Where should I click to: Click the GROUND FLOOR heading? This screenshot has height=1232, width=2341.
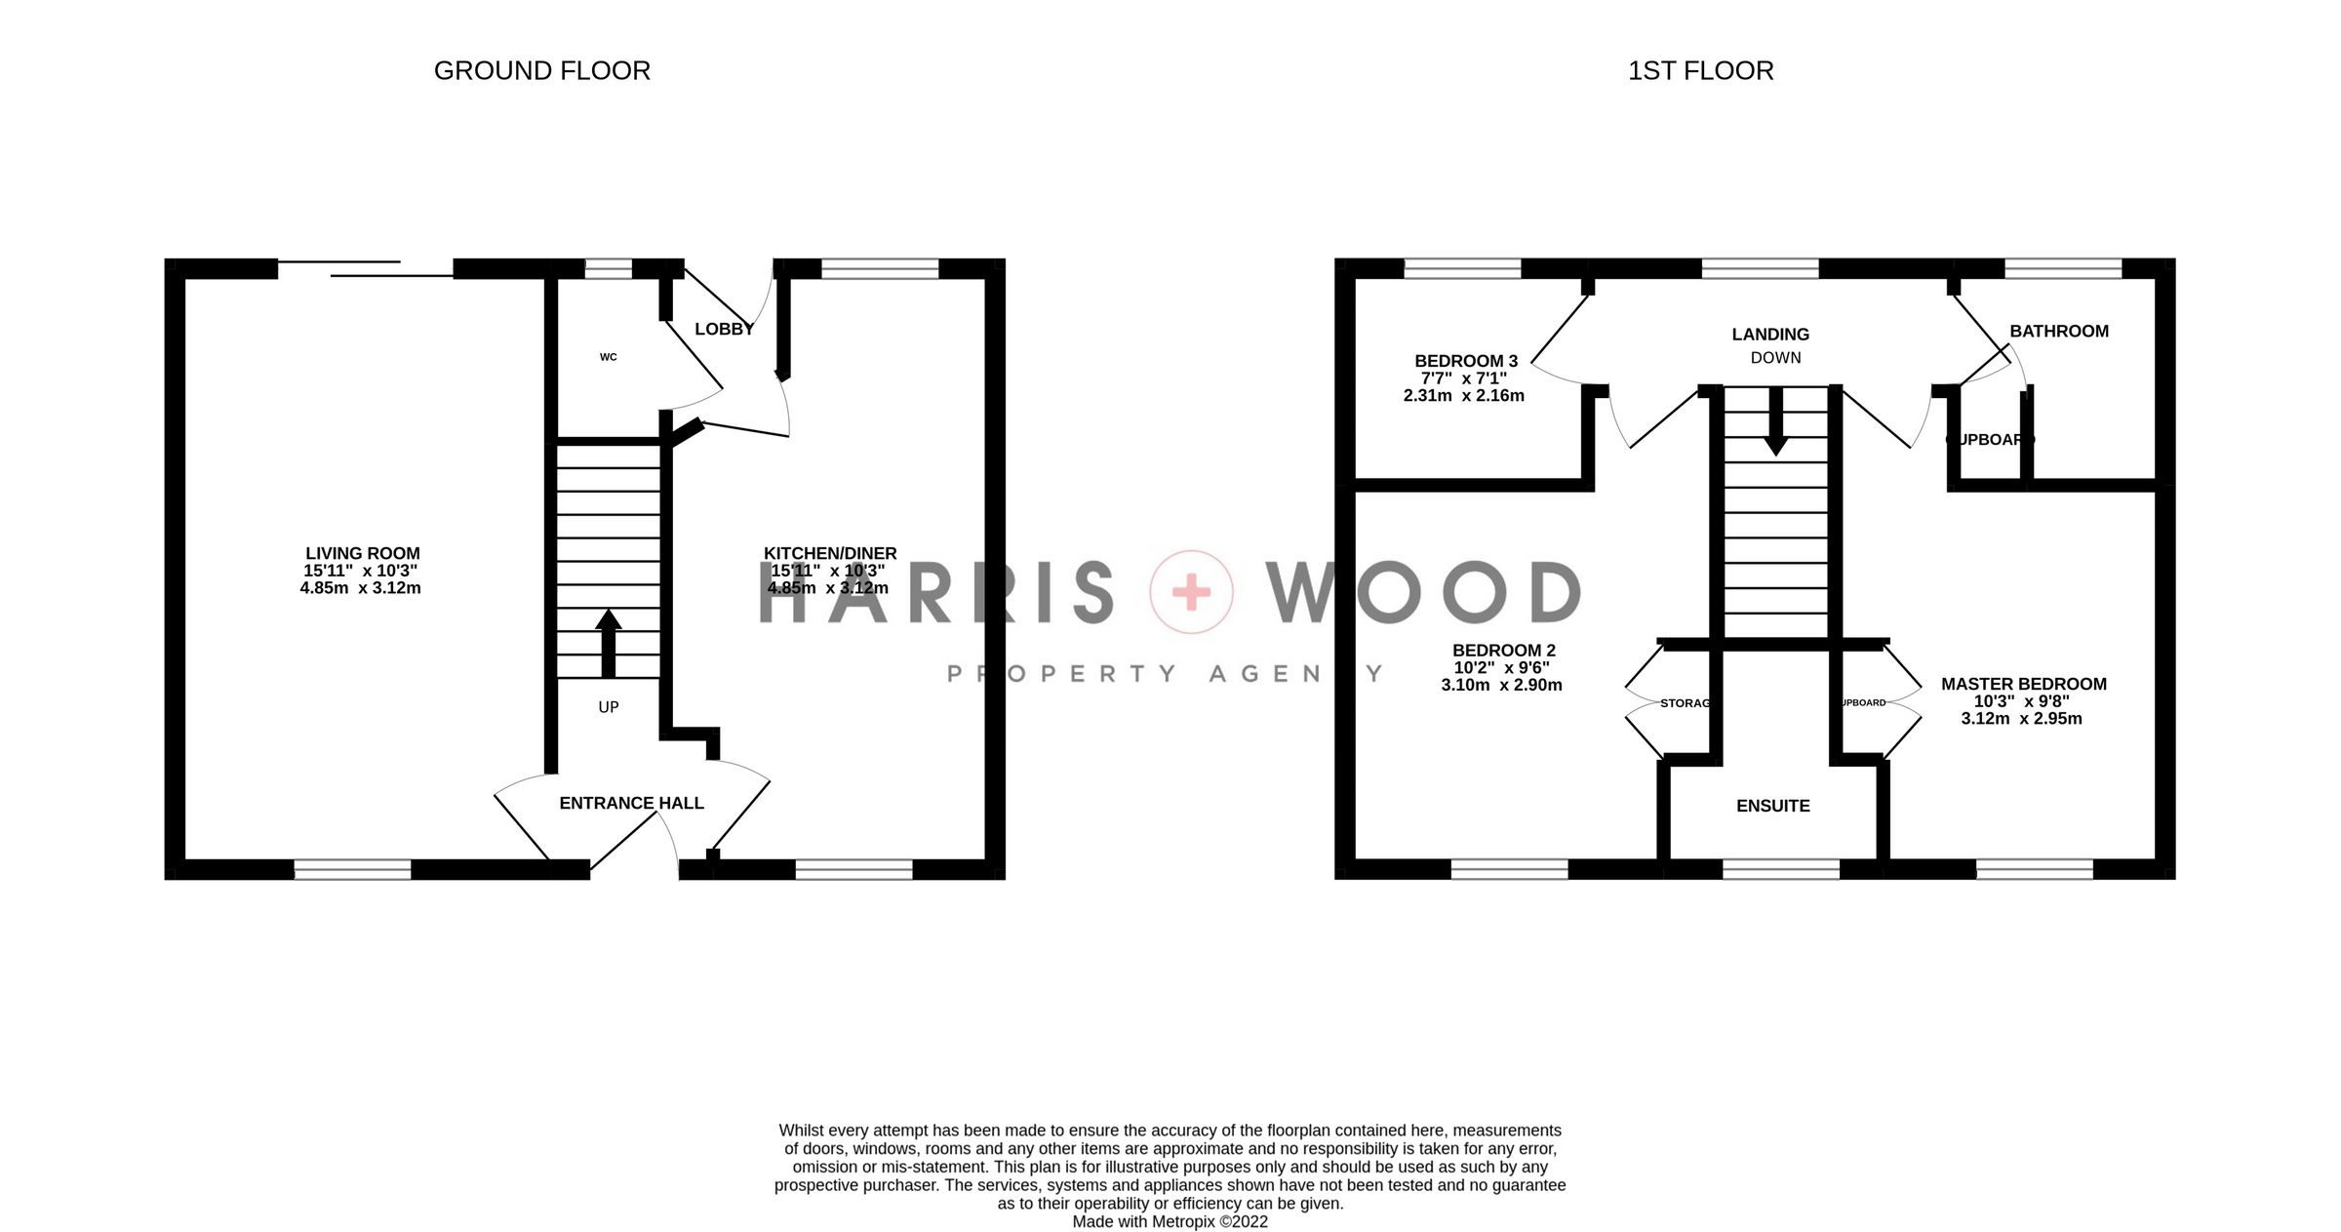pyautogui.click(x=541, y=71)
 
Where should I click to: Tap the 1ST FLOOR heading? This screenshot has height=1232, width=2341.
pyautogui.click(x=1700, y=71)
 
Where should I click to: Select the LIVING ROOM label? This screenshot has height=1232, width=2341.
pyautogui.click(x=362, y=553)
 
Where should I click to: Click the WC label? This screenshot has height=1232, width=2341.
pyautogui.click(x=608, y=357)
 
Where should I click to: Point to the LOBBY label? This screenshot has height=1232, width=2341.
pyautogui.click(x=724, y=330)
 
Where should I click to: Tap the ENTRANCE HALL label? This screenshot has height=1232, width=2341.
pyautogui.click(x=631, y=803)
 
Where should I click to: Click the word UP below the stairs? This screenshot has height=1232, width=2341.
pyautogui.click(x=608, y=707)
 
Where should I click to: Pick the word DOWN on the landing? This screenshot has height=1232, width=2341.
pyautogui.click(x=1775, y=358)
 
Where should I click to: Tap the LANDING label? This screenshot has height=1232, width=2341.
pyautogui.click(x=1770, y=335)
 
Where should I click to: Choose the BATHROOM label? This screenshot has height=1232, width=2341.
pyautogui.click(x=2059, y=332)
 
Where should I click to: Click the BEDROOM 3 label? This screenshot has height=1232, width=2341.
pyautogui.click(x=1466, y=361)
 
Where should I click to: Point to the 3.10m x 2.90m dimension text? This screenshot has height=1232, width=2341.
pyautogui.click(x=1501, y=685)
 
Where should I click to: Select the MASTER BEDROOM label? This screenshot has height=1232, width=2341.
pyautogui.click(x=2023, y=684)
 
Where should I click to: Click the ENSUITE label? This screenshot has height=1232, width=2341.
pyautogui.click(x=1772, y=806)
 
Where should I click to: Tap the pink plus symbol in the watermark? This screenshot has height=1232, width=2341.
pyautogui.click(x=1191, y=592)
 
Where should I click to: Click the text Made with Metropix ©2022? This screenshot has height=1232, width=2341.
pyautogui.click(x=1170, y=1221)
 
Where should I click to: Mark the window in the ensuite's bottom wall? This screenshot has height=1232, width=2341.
pyautogui.click(x=1780, y=868)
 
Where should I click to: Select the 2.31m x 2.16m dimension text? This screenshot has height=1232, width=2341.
pyautogui.click(x=1463, y=396)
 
